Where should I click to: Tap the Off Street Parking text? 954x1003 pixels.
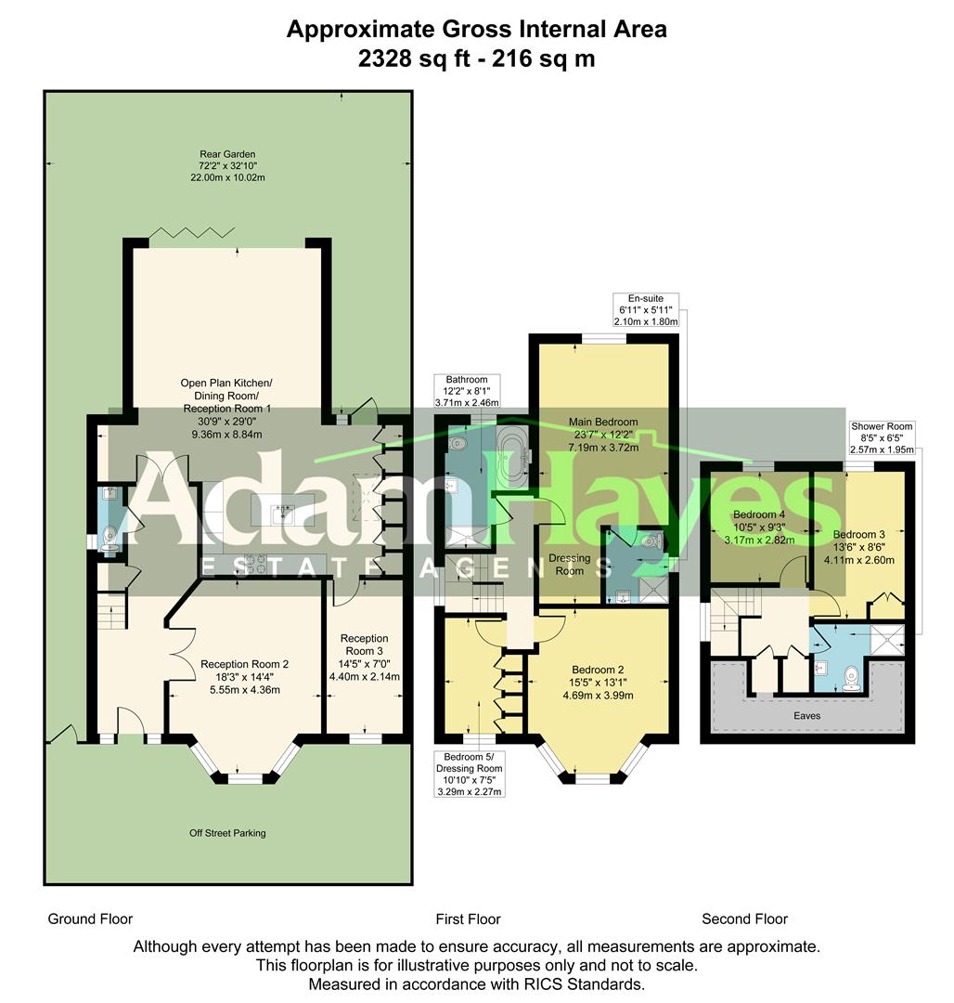tap(227, 833)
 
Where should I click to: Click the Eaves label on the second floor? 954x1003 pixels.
tap(806, 716)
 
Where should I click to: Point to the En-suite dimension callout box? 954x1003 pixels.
tap(646, 310)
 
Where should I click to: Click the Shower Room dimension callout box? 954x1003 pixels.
tap(882, 438)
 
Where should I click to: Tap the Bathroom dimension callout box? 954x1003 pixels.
tap(467, 392)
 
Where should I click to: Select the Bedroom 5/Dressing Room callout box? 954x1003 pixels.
tap(470, 775)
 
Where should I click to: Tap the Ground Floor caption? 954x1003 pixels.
tap(90, 919)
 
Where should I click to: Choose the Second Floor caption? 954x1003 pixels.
tap(744, 919)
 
